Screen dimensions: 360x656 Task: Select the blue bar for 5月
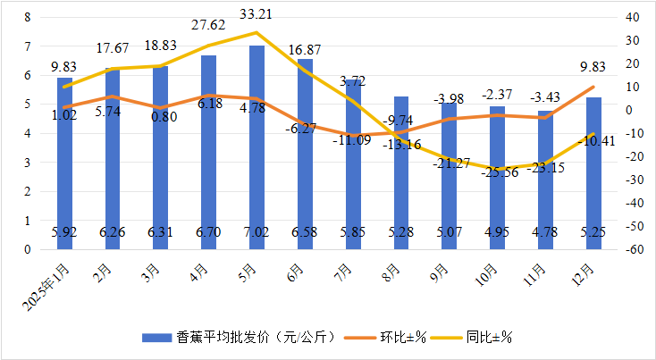pos(257,147)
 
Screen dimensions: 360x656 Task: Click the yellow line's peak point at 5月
pos(257,33)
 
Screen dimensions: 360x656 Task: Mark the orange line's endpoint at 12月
pos(593,88)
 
